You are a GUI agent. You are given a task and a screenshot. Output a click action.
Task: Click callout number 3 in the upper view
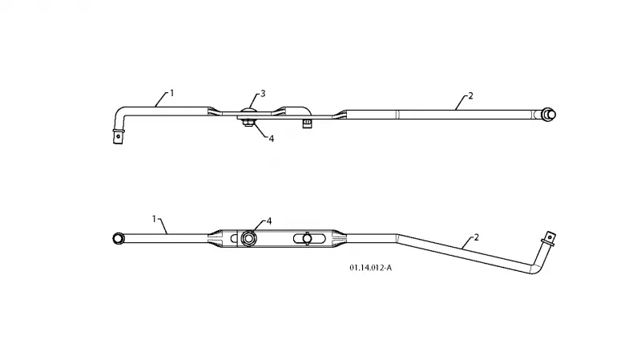click(263, 94)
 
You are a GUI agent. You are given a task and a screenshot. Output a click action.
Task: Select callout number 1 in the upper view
click(172, 93)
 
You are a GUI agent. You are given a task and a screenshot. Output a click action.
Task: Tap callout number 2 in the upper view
click(470, 95)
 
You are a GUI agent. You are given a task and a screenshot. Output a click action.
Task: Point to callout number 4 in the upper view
click(271, 139)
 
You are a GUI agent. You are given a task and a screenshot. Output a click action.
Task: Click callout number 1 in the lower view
click(154, 219)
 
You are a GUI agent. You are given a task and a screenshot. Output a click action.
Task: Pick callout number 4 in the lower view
click(269, 221)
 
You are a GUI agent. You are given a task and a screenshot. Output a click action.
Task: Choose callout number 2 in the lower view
click(476, 237)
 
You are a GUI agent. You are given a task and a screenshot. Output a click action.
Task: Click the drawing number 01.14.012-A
click(370, 268)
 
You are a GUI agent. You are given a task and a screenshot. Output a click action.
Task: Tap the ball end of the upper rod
click(549, 115)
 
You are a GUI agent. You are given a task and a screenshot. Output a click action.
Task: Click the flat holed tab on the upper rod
click(118, 136)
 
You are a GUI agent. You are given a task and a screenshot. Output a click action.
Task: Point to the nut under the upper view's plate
click(248, 123)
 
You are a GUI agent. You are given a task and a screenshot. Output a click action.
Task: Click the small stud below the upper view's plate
click(308, 123)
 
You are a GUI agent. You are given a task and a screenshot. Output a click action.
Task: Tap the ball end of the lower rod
click(118, 238)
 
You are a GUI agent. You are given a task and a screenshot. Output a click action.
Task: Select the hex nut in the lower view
click(248, 238)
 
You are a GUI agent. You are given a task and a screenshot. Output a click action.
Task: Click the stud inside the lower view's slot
click(308, 238)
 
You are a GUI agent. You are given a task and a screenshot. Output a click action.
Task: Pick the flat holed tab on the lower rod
click(549, 237)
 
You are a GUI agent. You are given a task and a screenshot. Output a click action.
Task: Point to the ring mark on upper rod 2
click(397, 115)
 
